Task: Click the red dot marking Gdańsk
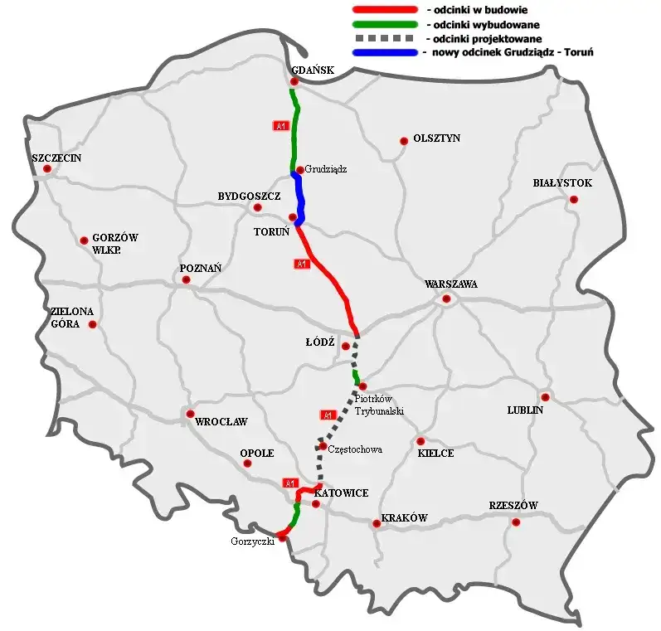tap(294, 81)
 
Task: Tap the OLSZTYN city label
tap(436, 138)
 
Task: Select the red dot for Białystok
tap(573, 199)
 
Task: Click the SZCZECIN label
tap(56, 158)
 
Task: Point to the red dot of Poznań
tap(187, 279)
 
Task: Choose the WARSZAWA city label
tap(450, 284)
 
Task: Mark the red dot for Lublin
tap(545, 397)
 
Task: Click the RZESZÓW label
tap(513, 506)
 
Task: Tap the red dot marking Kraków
tap(377, 523)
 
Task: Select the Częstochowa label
tap(355, 449)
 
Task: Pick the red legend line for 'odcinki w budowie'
tap(382, 8)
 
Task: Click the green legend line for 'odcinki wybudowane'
tap(382, 23)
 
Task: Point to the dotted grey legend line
tap(382, 38)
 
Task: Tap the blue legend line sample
tap(382, 52)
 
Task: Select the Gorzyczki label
tap(252, 541)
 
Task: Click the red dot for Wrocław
tap(191, 414)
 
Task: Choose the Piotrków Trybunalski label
tap(379, 405)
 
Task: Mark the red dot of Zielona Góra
tap(92, 324)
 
